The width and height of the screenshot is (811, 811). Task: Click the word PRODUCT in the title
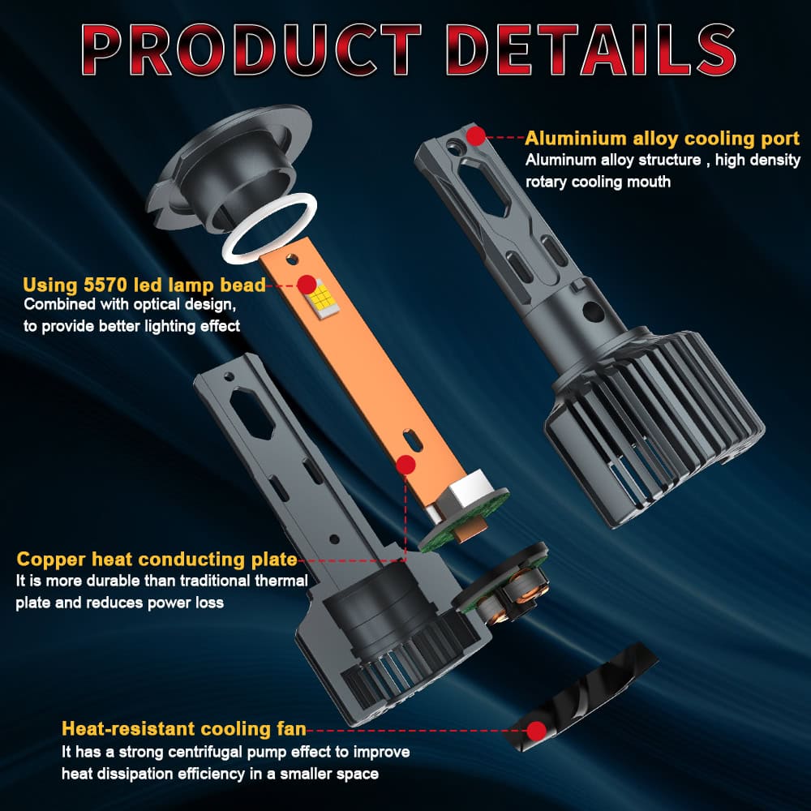tap(251, 49)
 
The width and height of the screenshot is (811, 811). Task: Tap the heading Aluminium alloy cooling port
tap(662, 139)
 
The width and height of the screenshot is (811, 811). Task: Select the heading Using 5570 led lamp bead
tap(144, 285)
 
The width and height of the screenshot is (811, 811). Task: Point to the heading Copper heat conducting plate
tap(157, 560)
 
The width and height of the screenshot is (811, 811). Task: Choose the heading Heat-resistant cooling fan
tap(183, 729)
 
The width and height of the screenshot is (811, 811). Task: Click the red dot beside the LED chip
tap(307, 285)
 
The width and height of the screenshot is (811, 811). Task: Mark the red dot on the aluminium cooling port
tap(476, 135)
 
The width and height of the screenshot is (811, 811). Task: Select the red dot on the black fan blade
tap(537, 731)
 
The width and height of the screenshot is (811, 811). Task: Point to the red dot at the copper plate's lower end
tap(405, 465)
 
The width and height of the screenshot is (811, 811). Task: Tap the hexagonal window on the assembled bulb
tap(485, 189)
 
